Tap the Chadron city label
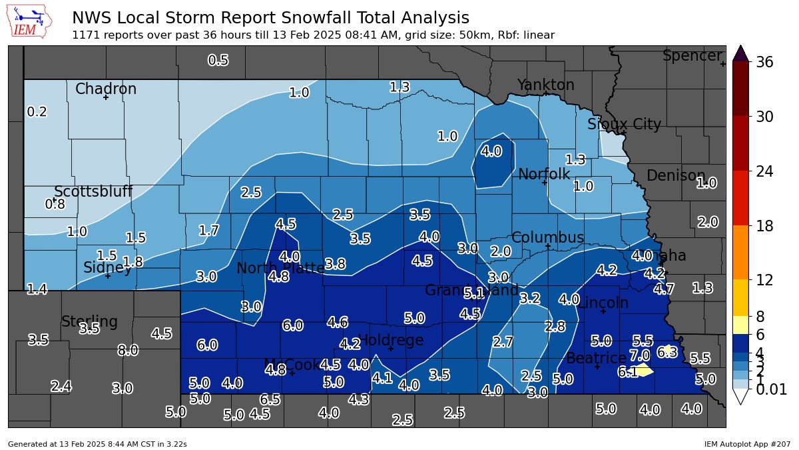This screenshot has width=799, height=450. point(106,89)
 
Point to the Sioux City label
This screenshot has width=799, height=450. point(625,125)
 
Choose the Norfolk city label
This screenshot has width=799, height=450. point(544,174)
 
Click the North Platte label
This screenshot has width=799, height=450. point(280,268)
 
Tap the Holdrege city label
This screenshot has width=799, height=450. point(391,340)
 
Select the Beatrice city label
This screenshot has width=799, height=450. point(596,358)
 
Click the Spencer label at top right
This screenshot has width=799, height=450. point(692,56)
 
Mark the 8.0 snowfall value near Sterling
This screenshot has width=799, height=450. point(128,350)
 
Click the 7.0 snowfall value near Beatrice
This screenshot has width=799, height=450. point(639,355)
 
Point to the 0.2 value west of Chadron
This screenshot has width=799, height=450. point(37,112)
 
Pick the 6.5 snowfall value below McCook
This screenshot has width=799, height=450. point(270,399)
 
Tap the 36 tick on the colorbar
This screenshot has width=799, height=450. point(764,62)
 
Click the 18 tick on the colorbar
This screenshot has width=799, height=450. point(764,226)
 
